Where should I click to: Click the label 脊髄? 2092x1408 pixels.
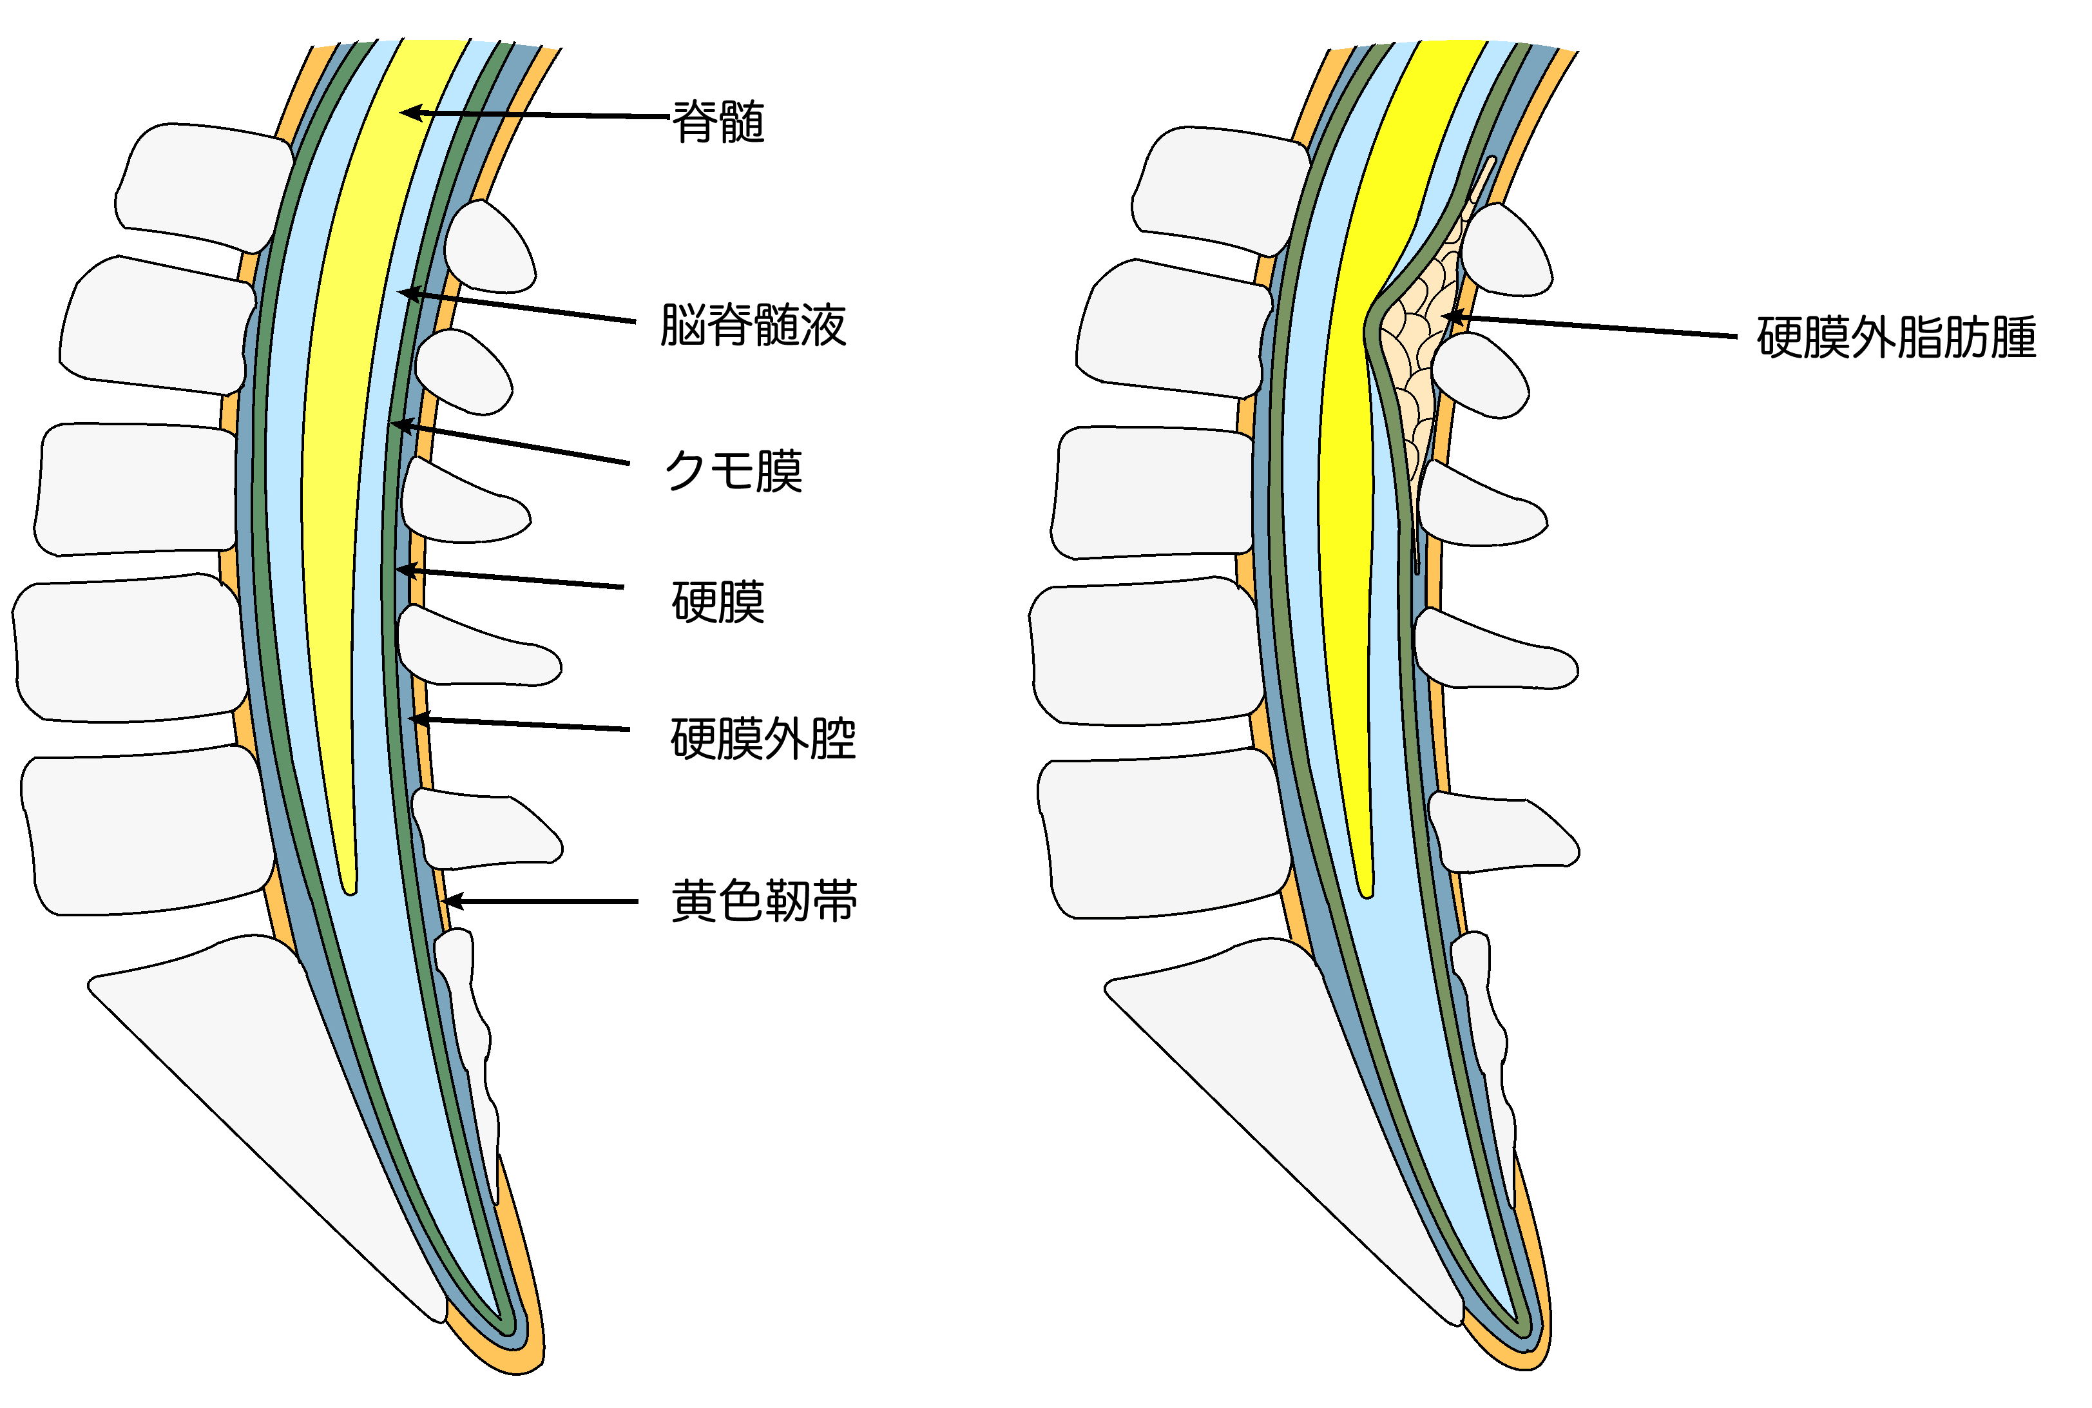pos(718,121)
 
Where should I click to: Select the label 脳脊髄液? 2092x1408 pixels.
pos(753,324)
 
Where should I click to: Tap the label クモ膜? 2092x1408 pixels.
pos(733,470)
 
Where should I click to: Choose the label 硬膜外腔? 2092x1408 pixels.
pos(763,738)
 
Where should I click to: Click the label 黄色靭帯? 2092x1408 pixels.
pos(764,901)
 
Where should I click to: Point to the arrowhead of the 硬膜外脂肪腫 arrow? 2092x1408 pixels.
pos(1447,316)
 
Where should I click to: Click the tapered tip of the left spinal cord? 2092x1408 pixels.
pos(350,885)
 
